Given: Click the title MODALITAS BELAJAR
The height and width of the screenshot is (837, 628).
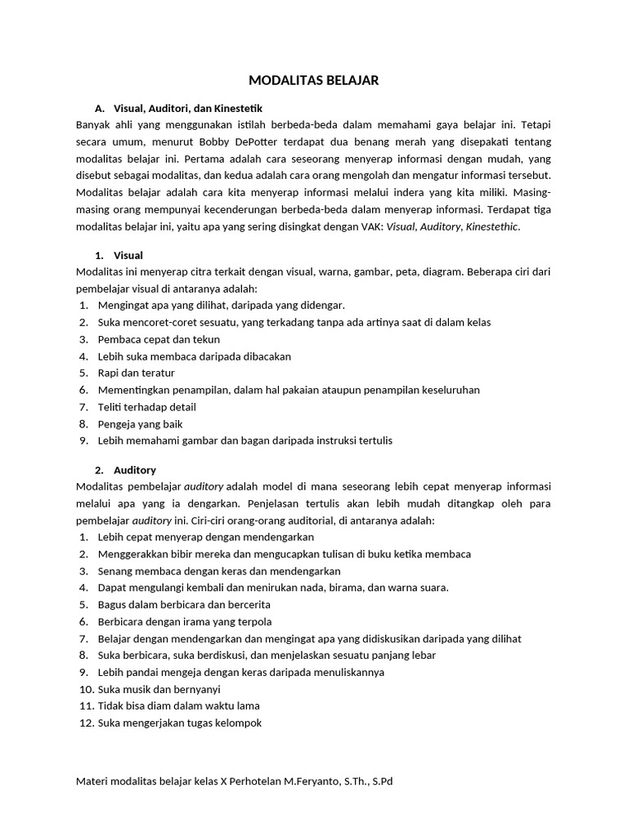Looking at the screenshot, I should [314, 81].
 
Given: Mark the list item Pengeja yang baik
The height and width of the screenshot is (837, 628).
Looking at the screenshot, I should [140, 423].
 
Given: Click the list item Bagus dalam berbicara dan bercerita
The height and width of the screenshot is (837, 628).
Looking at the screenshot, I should [184, 604].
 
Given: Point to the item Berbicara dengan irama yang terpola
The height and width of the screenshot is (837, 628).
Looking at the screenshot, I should [185, 621].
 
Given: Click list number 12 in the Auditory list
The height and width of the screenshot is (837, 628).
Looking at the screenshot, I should [85, 723].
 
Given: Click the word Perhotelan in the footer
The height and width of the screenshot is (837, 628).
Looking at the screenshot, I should [256, 781].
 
